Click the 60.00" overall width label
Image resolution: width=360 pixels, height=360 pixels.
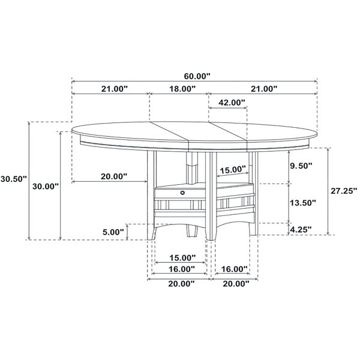click(x=197, y=76)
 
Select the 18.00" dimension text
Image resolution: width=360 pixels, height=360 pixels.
click(x=182, y=89)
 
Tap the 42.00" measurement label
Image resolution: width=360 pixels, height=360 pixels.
click(x=232, y=103)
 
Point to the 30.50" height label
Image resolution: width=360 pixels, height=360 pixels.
click(x=14, y=179)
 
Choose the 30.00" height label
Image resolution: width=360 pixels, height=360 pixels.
click(x=46, y=187)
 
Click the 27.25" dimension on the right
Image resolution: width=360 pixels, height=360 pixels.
click(x=344, y=191)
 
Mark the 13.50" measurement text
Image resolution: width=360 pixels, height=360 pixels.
click(x=303, y=203)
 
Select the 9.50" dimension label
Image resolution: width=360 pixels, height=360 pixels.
click(x=301, y=166)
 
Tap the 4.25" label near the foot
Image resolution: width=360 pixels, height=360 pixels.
click(x=301, y=229)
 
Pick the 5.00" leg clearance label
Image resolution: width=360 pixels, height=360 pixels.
click(x=113, y=232)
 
